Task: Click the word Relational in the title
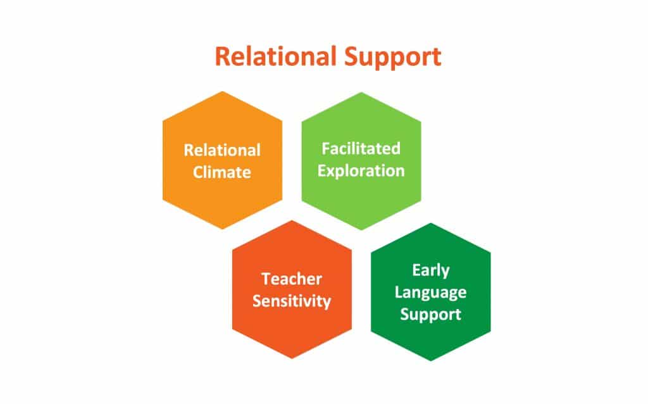tap(276, 56)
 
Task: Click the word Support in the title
tap(392, 57)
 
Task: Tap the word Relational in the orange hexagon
tap(222, 150)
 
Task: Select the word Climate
tap(222, 172)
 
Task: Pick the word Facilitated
tap(361, 148)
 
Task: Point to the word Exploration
tap(361, 171)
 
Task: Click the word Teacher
tap(292, 279)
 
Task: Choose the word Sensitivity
tap(292, 301)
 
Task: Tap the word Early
tap(430, 271)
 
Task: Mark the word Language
tap(430, 293)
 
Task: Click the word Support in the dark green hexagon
tap(430, 315)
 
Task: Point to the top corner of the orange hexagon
tap(223, 91)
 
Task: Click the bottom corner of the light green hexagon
tap(361, 230)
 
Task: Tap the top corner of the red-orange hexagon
tap(292, 220)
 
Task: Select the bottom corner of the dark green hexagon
tap(431, 361)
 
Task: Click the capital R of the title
tap(223, 56)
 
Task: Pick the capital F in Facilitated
tap(327, 148)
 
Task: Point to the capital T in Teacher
tap(267, 279)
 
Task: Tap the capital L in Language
tap(399, 292)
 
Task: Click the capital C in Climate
tap(198, 172)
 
